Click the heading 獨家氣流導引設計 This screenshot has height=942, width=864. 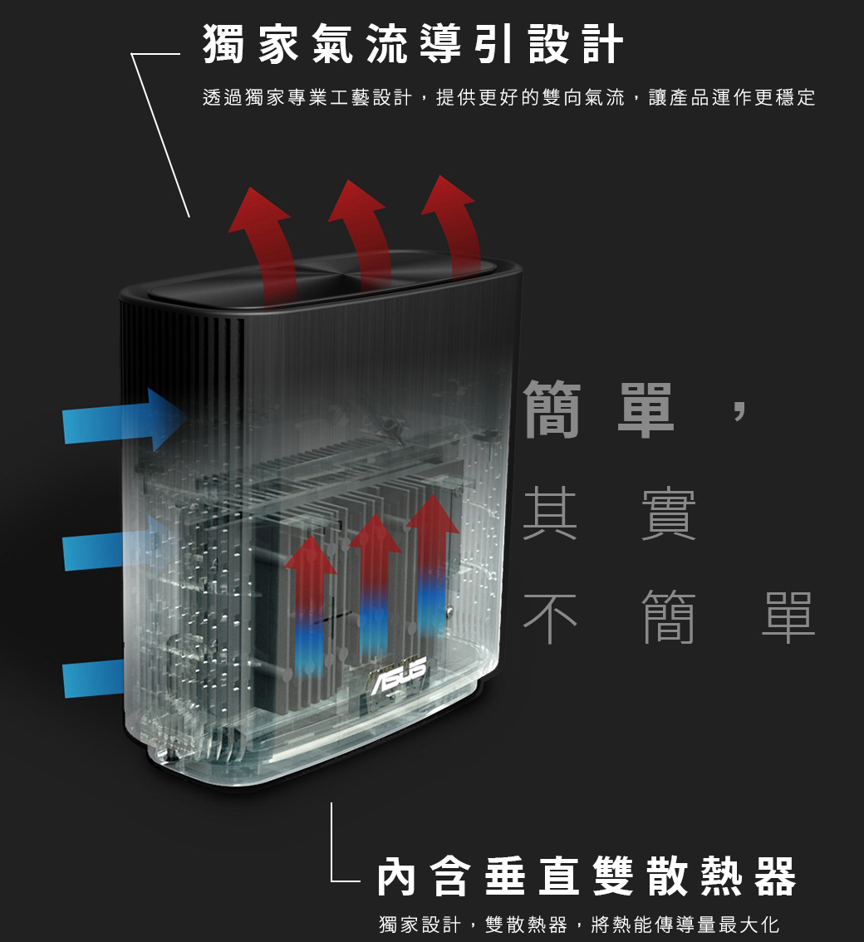click(413, 45)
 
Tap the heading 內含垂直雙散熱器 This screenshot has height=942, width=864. click(587, 877)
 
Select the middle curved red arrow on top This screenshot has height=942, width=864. click(363, 237)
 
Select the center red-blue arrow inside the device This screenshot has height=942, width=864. click(375, 581)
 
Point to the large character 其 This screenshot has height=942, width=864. click(550, 515)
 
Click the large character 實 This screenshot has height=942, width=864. click(669, 515)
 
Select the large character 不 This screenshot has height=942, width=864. click(550, 618)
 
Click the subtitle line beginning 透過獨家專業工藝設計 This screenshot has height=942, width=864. click(508, 98)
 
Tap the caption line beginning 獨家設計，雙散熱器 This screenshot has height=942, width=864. click(578, 925)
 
